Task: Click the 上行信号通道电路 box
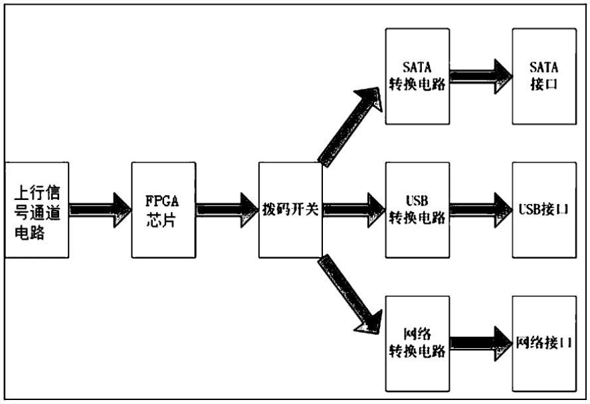(x=37, y=210)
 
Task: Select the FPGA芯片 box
(x=163, y=210)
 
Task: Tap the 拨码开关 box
(x=290, y=210)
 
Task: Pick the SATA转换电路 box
(x=417, y=76)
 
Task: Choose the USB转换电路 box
(x=417, y=210)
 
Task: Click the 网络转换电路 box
(x=417, y=344)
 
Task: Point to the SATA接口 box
(x=544, y=76)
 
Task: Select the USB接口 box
(x=544, y=210)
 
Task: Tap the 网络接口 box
(x=544, y=344)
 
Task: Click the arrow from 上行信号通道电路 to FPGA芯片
(x=100, y=210)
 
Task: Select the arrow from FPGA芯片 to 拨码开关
(x=227, y=210)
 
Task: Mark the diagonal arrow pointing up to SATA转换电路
(x=350, y=127)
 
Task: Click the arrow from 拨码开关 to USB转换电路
(x=354, y=210)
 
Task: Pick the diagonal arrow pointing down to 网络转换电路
(x=350, y=294)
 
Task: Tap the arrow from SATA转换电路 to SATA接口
(x=481, y=76)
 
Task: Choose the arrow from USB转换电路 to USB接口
(x=481, y=210)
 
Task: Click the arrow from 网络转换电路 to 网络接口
(x=481, y=344)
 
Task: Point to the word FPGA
(x=162, y=201)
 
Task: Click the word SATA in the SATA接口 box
(x=543, y=67)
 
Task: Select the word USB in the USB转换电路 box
(x=417, y=201)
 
